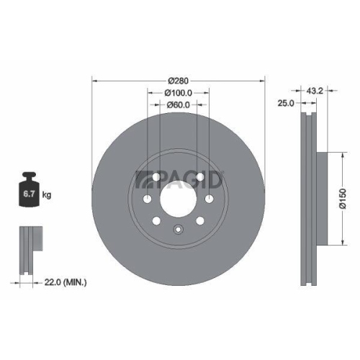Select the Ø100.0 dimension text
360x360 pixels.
179,92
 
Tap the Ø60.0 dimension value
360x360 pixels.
179,106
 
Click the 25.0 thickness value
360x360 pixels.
285,104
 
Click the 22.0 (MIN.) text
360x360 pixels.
64,283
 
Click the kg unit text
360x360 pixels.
47,195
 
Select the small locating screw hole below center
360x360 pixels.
179,230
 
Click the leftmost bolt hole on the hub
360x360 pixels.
147,199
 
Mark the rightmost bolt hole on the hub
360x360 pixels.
210,199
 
